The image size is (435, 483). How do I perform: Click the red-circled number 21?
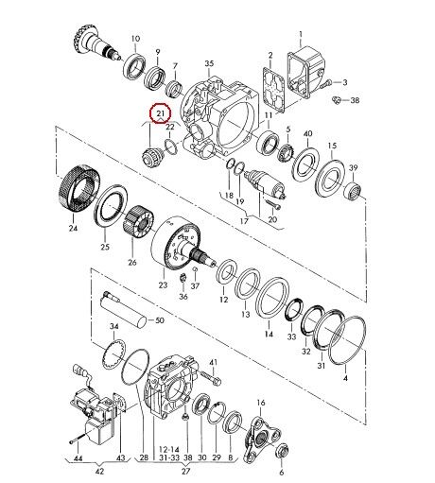pyautogui.click(x=161, y=112)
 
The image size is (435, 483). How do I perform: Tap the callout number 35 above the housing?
pyautogui.click(x=209, y=63)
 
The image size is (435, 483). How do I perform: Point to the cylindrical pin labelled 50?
pyautogui.click(x=123, y=310)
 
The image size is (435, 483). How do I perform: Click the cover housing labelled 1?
pyautogui.click(x=305, y=72)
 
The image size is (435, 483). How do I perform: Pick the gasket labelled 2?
pyautogui.click(x=273, y=89)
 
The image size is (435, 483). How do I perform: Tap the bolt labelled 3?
pyautogui.click(x=325, y=84)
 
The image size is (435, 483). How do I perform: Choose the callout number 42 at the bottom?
pyautogui.click(x=99, y=472)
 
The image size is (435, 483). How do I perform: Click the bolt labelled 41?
pyautogui.click(x=211, y=378)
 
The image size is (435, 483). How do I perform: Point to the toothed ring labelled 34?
pyautogui.click(x=113, y=355)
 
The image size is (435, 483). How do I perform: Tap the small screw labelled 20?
pyautogui.click(x=273, y=204)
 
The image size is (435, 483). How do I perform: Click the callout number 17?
pyautogui.click(x=244, y=221)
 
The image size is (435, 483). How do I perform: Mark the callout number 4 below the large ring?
pyautogui.click(x=345, y=378)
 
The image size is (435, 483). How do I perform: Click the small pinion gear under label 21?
pyautogui.click(x=150, y=156)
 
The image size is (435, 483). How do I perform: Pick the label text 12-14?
pyautogui.click(x=169, y=449)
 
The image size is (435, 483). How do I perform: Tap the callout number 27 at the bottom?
pyautogui.click(x=186, y=472)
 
